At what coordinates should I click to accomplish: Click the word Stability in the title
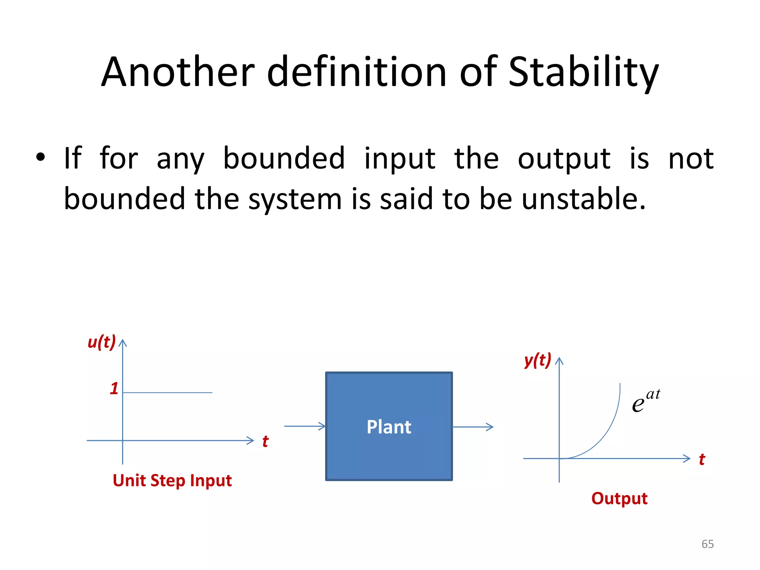click(x=583, y=72)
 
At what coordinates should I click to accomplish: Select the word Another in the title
click(x=178, y=72)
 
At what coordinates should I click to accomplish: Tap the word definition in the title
click(x=356, y=72)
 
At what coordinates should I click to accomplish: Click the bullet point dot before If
click(x=40, y=157)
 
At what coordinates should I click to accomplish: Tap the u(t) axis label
click(x=101, y=342)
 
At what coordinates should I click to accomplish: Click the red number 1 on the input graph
click(x=114, y=389)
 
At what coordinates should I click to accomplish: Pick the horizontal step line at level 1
click(x=167, y=392)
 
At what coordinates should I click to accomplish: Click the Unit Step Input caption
click(x=172, y=481)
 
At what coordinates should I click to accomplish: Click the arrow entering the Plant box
click(x=304, y=426)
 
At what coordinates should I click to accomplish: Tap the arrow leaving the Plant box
click(x=473, y=427)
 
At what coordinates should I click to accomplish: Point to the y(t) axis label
click(x=537, y=360)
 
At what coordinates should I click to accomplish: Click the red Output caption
click(x=619, y=498)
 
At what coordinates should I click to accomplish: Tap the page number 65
click(x=707, y=544)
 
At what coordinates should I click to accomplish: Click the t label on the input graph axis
click(x=265, y=442)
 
